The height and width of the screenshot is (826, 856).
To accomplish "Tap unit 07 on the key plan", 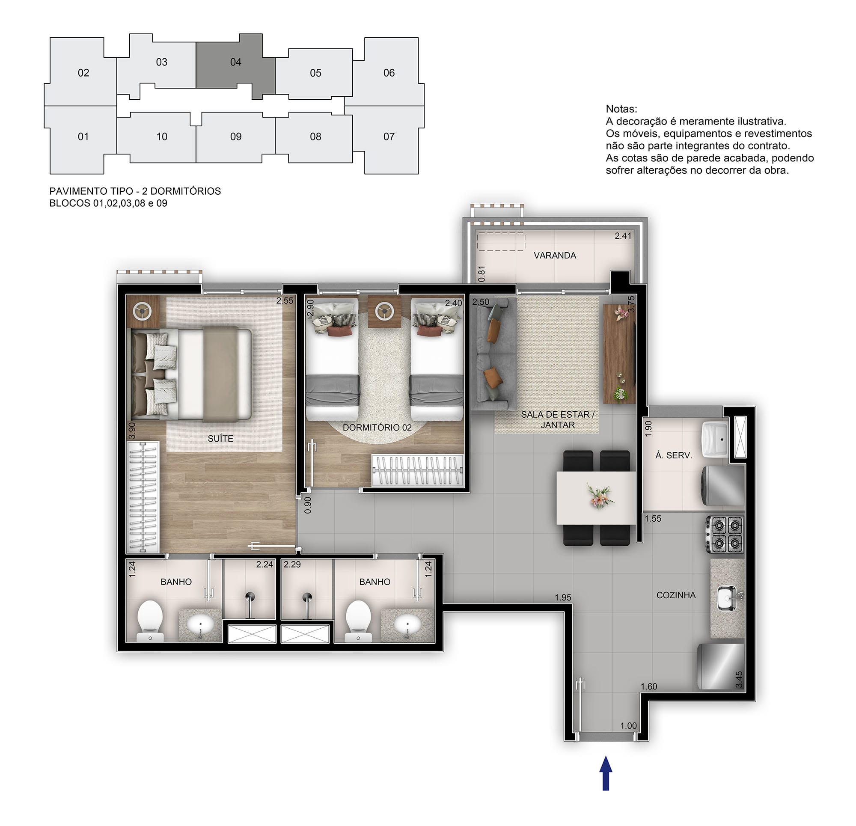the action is point(388,137).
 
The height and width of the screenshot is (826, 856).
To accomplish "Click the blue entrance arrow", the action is point(606,773).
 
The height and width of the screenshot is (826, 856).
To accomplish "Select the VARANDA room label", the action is point(555,256).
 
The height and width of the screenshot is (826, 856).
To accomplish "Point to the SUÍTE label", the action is point(220,439).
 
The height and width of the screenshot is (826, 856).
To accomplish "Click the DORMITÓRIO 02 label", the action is point(377,428).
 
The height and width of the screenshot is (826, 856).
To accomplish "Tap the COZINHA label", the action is point(676,595).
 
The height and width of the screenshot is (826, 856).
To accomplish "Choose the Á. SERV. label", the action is point(673,455).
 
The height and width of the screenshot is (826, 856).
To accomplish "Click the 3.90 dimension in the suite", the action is point(131,430).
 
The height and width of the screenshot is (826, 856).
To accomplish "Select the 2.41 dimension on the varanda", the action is point(623,236).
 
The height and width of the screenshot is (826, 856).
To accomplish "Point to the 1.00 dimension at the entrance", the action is point(628,725).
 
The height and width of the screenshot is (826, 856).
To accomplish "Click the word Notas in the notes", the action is point(621,109).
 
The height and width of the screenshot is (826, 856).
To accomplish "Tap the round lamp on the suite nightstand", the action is point(143,312).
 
